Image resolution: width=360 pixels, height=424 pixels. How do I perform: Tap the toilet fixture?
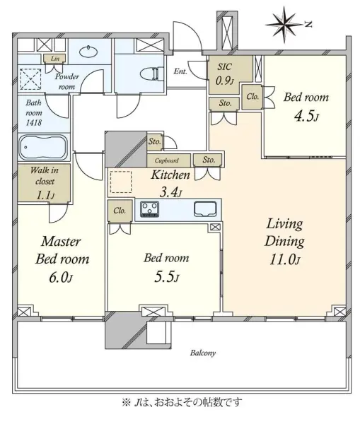(150, 73)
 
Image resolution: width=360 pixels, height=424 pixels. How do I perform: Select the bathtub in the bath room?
(43, 148)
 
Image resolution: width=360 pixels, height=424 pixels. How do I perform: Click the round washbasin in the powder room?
(88, 52)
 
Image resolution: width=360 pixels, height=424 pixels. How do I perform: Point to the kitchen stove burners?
(150, 208)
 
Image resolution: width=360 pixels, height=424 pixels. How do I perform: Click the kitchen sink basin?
(205, 209)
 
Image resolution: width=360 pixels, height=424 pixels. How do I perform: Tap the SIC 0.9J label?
(224, 73)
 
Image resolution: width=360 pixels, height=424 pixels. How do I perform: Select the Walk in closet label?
(45, 175)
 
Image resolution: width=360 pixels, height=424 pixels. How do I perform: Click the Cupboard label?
(167, 160)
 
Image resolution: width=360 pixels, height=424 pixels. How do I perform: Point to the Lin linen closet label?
(55, 58)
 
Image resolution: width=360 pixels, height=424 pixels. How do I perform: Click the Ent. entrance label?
(180, 71)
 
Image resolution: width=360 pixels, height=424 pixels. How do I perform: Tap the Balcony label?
(203, 353)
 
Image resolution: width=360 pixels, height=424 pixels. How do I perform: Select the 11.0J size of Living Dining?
(284, 260)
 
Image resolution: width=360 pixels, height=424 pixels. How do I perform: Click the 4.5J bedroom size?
(306, 116)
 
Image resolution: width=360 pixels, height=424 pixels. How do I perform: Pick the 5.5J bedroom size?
(166, 277)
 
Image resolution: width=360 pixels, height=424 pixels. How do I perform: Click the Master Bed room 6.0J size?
(61, 278)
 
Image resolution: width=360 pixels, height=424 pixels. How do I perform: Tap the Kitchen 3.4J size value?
(170, 192)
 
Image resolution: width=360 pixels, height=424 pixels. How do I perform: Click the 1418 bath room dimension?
(34, 123)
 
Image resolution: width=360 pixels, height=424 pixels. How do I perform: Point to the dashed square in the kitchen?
(121, 182)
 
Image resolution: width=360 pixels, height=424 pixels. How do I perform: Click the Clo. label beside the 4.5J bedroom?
(252, 97)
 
